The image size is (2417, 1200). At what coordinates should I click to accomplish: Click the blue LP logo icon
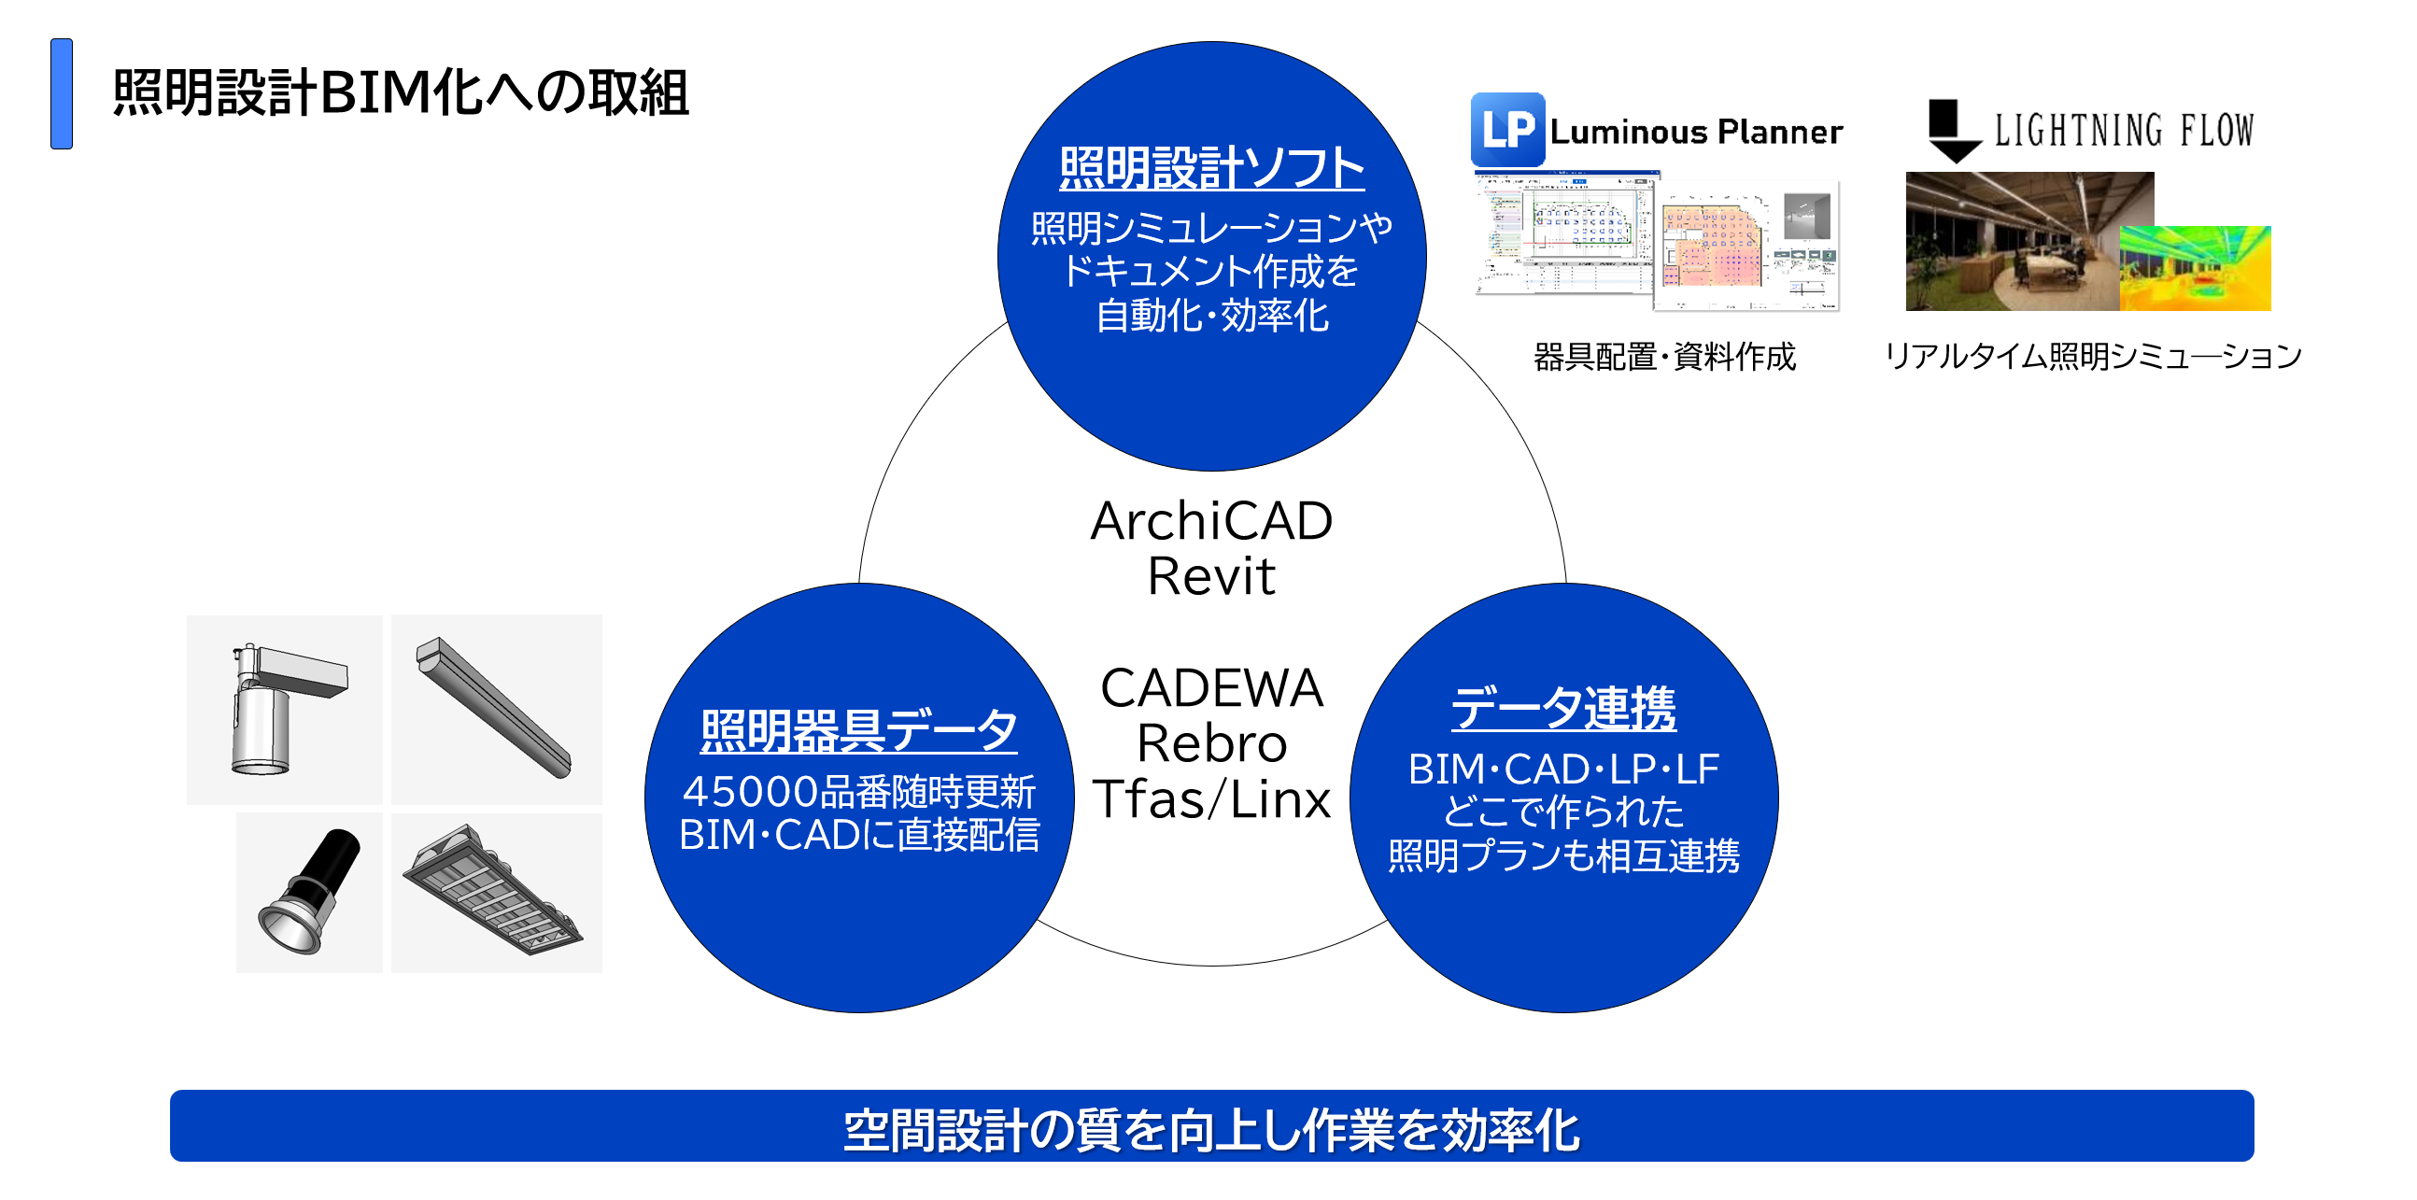tap(1506, 130)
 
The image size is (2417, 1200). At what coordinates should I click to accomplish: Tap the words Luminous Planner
tap(1695, 133)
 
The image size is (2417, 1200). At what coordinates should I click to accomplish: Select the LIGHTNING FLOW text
tap(2124, 131)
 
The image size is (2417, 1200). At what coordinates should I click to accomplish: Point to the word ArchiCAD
tap(1210, 521)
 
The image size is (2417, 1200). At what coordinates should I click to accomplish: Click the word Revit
tap(1210, 576)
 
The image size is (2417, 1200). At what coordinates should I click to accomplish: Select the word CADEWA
tap(1210, 687)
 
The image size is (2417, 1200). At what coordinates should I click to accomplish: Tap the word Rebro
tap(1210, 743)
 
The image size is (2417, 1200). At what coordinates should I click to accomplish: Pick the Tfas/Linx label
tap(1210, 799)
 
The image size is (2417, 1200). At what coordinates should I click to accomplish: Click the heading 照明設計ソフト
tap(1211, 168)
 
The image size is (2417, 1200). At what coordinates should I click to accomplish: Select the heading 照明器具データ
tap(858, 730)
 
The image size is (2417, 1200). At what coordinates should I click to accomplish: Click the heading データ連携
tap(1563, 708)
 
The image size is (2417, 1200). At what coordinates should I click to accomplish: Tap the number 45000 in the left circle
tap(750, 792)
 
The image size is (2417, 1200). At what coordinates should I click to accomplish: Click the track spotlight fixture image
tap(283, 710)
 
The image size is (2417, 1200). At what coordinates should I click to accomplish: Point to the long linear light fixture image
tap(495, 708)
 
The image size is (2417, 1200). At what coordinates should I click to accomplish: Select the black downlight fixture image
tap(310, 891)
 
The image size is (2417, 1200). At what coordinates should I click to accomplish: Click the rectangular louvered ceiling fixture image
tap(495, 891)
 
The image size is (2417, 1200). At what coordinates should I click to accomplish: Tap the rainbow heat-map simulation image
tap(2194, 268)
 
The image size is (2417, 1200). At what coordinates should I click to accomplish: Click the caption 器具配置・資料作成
tap(1663, 357)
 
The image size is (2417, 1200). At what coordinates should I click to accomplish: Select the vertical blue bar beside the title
tap(62, 92)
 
